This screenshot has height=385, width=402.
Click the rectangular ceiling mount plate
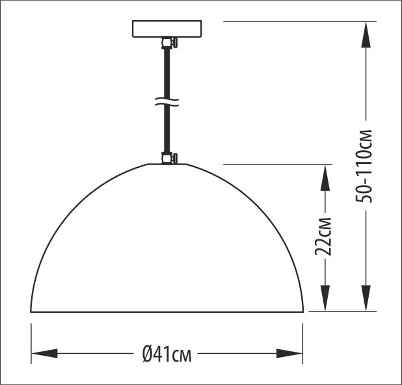(168, 29)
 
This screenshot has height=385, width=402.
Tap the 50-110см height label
(366, 166)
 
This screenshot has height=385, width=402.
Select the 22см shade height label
(327, 235)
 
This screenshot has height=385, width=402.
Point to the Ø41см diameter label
(167, 354)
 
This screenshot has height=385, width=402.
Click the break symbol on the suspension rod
(168, 102)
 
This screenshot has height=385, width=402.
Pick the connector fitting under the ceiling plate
(168, 44)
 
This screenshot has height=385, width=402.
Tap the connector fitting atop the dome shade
(168, 158)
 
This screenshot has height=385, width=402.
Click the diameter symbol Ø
(148, 354)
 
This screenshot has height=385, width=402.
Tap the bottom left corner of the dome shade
(32, 312)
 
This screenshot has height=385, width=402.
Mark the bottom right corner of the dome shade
(302, 312)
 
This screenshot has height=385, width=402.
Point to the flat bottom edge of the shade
(167, 312)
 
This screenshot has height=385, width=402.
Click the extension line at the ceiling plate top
(293, 21)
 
